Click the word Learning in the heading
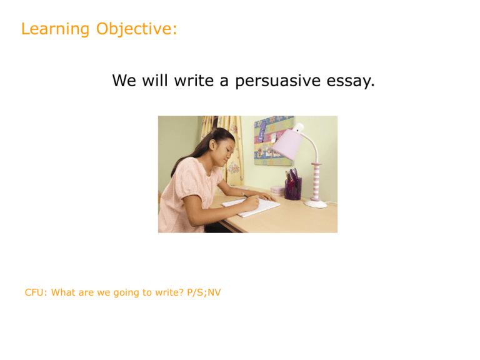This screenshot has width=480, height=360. pyautogui.click(x=55, y=29)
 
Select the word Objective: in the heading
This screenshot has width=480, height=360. pyautogui.click(x=136, y=29)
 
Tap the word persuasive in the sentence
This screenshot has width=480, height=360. pyautogui.click(x=277, y=81)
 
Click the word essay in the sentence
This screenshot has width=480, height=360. pyautogui.click(x=350, y=81)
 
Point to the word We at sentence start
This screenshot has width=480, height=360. pyautogui.click(x=124, y=81)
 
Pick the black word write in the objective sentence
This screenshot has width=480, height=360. pyautogui.click(x=194, y=81)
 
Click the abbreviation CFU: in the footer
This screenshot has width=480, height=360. pyautogui.click(x=36, y=292)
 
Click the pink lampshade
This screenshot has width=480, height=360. pyautogui.click(x=287, y=144)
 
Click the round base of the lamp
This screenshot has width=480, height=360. pyautogui.click(x=316, y=204)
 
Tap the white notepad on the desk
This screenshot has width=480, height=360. pyautogui.click(x=251, y=207)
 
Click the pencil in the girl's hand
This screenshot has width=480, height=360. pyautogui.click(x=247, y=196)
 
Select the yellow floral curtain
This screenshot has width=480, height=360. pyautogui.click(x=228, y=150)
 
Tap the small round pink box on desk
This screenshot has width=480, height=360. pyautogui.click(x=277, y=191)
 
